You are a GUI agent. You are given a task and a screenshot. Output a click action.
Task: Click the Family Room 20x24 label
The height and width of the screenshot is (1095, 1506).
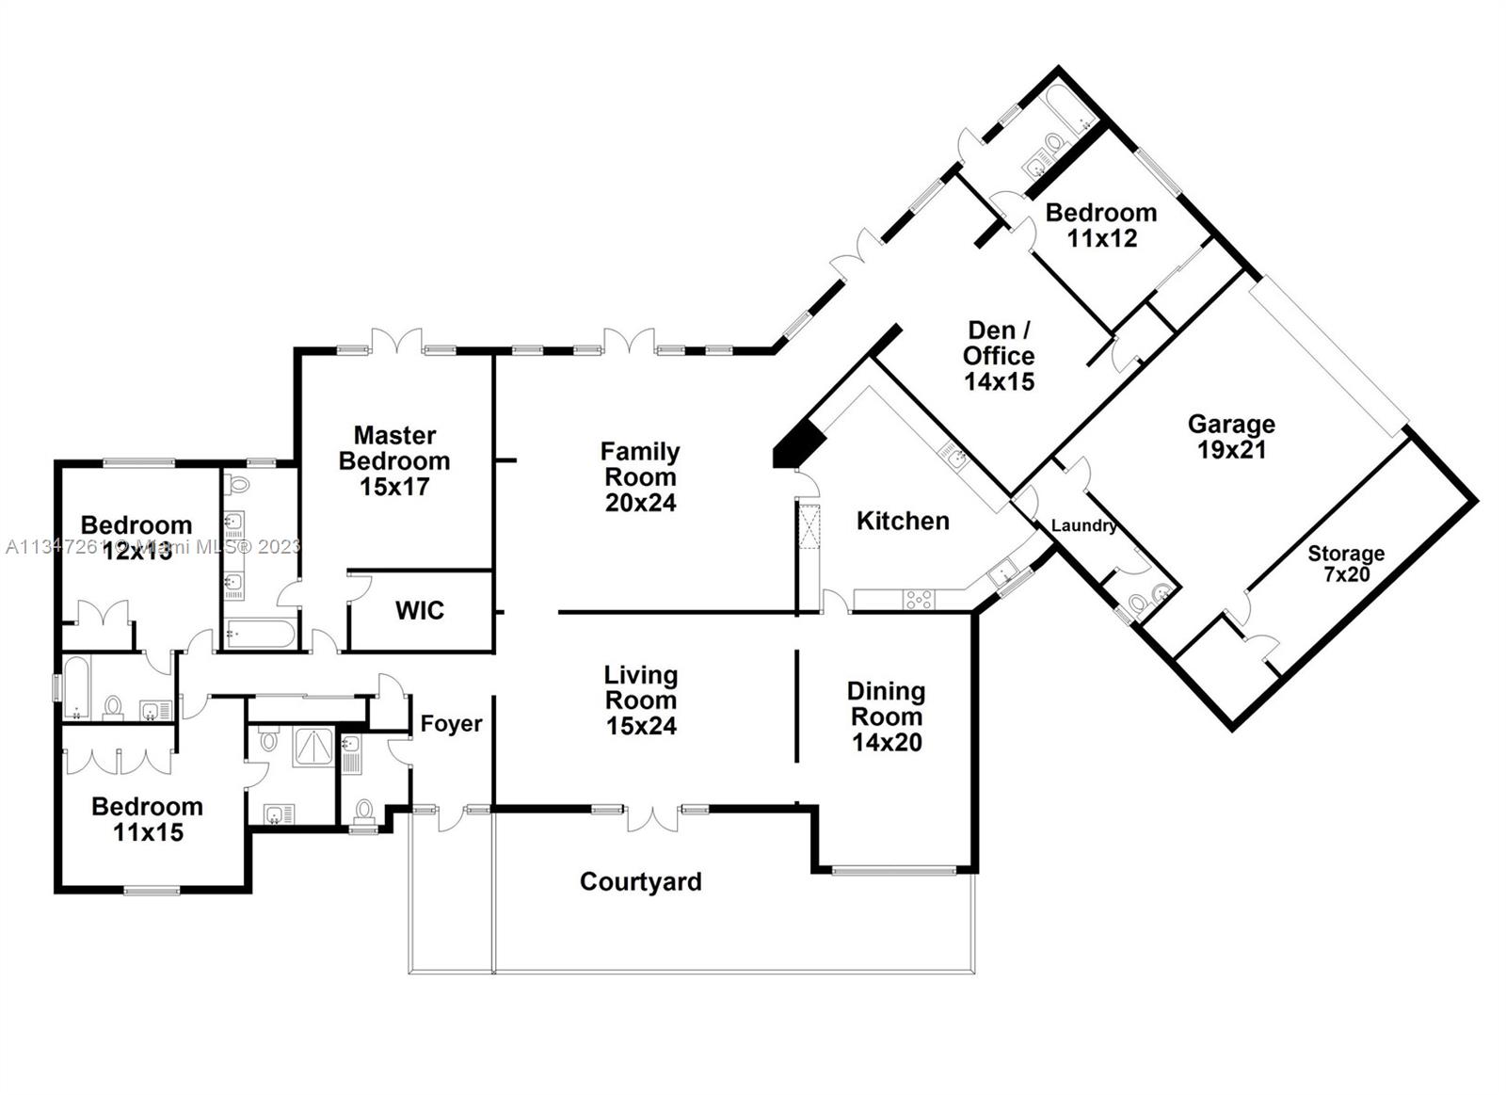[640, 477]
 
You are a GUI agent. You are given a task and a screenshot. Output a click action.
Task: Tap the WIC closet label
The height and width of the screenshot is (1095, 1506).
[419, 610]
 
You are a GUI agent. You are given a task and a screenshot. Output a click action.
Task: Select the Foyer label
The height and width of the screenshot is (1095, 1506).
[451, 723]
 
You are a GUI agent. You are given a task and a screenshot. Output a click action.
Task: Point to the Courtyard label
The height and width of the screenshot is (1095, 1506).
[640, 881]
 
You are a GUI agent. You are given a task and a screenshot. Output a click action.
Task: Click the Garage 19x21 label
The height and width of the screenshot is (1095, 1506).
[1231, 437]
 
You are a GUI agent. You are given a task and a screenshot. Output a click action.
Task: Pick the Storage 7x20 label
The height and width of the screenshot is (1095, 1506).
[1346, 563]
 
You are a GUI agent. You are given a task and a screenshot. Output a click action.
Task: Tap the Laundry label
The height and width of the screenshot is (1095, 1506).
[1083, 525]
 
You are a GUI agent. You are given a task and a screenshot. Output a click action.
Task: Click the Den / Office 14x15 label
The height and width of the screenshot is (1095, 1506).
[1000, 356]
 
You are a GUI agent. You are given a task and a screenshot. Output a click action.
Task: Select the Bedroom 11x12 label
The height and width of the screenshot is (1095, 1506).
[1101, 225]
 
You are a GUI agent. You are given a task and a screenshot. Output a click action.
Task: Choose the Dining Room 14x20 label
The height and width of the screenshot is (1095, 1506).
[887, 717]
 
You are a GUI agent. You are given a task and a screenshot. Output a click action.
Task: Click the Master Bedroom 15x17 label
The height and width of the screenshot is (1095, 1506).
[394, 460]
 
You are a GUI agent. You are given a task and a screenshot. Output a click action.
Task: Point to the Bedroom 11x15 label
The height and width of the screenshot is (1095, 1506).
[148, 819]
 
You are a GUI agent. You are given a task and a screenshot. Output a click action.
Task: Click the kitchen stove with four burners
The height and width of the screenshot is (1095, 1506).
[919, 599]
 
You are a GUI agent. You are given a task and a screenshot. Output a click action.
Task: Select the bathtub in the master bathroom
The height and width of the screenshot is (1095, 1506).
[259, 633]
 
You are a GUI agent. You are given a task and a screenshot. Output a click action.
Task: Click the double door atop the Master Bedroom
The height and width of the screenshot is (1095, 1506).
[396, 342]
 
